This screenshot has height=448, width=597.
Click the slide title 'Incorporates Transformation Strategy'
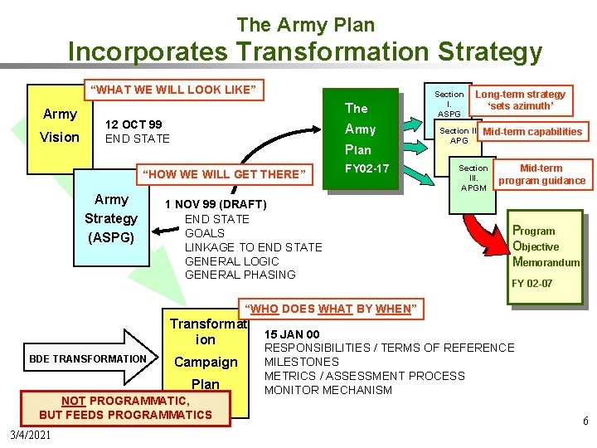pyautogui.click(x=304, y=51)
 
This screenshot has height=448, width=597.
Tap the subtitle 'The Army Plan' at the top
pyautogui.click(x=305, y=25)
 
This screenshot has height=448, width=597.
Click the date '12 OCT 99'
pyautogui.click(x=133, y=124)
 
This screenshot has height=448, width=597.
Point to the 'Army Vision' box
pyautogui.click(x=60, y=125)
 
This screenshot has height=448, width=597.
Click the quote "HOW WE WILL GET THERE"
pyautogui.click(x=225, y=173)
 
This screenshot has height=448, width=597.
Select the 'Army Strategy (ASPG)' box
pyautogui.click(x=111, y=217)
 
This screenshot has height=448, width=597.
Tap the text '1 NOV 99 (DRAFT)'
pyautogui.click(x=215, y=204)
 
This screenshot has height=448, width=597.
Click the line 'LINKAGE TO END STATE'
pyautogui.click(x=253, y=247)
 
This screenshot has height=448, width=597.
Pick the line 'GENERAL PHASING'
pyautogui.click(x=240, y=275)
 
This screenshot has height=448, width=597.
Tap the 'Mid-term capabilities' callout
pyautogui.click(x=532, y=131)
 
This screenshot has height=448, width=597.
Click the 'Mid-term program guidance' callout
pyautogui.click(x=541, y=174)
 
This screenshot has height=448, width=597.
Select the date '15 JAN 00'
pyautogui.click(x=291, y=334)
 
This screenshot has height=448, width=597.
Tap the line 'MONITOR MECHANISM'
pyautogui.click(x=328, y=390)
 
